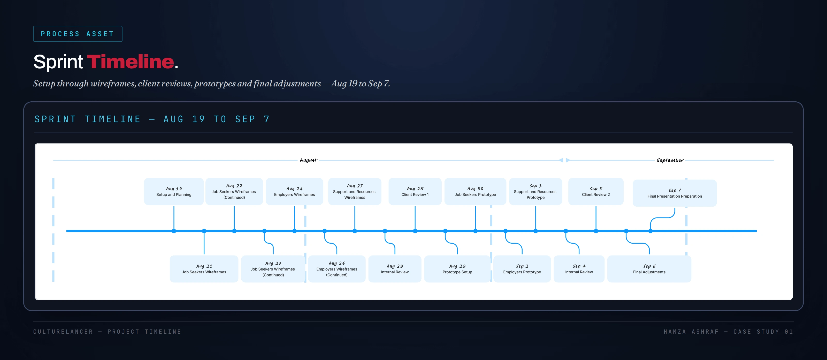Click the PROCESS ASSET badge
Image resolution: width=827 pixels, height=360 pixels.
coord(78,34)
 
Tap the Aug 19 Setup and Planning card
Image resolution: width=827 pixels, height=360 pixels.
coord(174,191)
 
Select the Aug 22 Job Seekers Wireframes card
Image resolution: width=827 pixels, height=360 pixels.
coord(234,191)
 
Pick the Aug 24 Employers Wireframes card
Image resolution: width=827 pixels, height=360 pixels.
coord(294,191)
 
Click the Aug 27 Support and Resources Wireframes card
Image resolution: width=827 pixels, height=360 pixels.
coord(355,191)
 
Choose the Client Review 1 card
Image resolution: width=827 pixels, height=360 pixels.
coord(415,191)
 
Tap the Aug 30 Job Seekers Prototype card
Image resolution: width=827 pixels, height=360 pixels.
coord(476,191)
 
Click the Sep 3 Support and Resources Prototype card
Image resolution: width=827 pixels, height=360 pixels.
coord(535,191)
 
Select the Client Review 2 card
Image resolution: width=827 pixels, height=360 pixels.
coord(596,191)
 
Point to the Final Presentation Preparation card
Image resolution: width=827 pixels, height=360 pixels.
coord(675,193)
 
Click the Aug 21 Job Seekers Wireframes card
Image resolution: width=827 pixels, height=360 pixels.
coord(204,269)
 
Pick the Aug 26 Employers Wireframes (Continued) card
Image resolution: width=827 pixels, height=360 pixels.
coord(337,269)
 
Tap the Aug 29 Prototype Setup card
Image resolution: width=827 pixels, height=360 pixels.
coord(457,269)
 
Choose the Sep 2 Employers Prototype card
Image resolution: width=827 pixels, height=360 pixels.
coord(522,269)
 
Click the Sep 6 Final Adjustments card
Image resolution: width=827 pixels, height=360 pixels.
coord(649,269)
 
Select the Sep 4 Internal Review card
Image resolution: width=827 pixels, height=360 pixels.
coord(579,269)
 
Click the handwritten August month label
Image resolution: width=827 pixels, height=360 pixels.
coord(308,160)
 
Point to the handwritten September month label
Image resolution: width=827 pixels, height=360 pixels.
coord(670,160)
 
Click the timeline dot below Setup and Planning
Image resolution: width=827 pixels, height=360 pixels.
coord(174,231)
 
